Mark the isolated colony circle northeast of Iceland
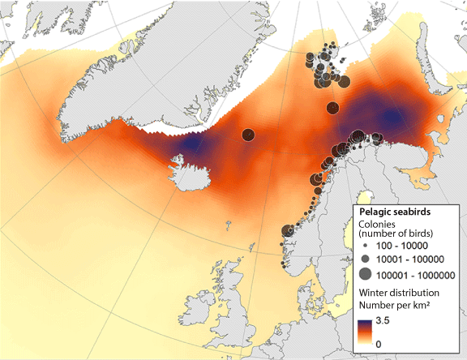[248, 135]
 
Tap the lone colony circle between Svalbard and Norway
[332, 108]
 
